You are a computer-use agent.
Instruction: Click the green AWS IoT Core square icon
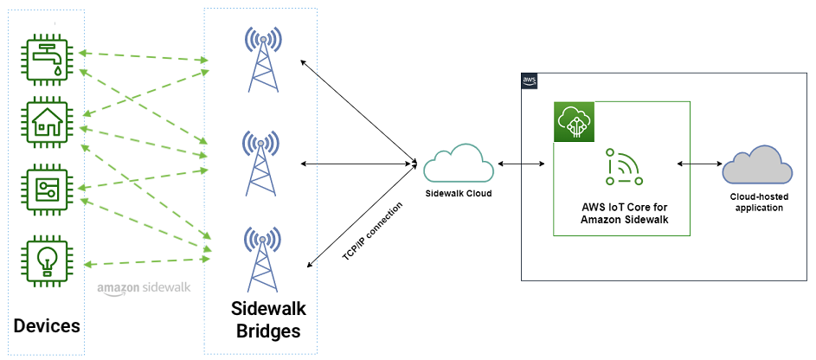click(574, 122)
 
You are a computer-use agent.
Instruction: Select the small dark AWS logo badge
click(530, 80)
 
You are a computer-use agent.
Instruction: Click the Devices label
click(48, 326)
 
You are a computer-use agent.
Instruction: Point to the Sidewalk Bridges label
click(267, 319)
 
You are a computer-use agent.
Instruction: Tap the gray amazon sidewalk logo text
click(144, 287)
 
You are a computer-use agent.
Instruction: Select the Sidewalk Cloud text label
click(458, 193)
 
